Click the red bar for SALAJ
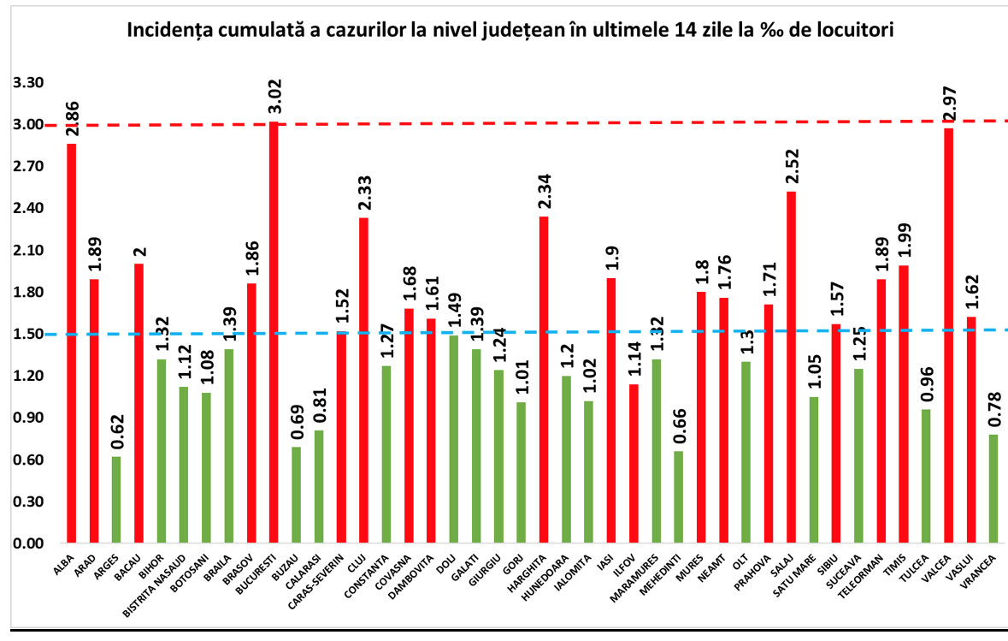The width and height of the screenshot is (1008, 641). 791,367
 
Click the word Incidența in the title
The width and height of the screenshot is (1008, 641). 168,31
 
